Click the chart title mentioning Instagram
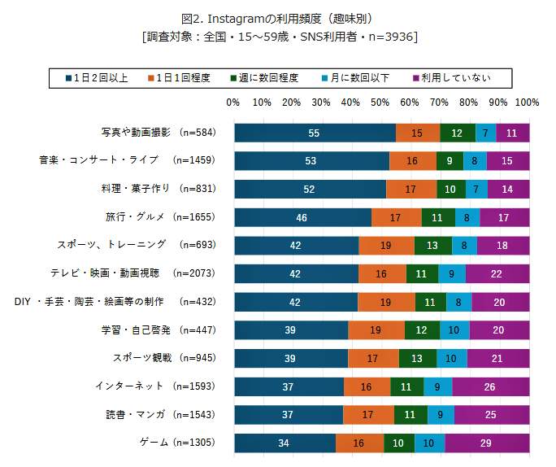pyautogui.click(x=278, y=18)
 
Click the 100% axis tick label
pyautogui.click(x=527, y=103)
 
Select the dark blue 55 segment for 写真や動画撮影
pyautogui.click(x=315, y=133)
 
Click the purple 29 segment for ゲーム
pyautogui.click(x=486, y=443)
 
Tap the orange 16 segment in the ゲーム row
pyautogui.click(x=359, y=443)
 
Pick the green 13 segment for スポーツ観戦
pyautogui.click(x=417, y=359)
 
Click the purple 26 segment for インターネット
pyautogui.click(x=490, y=386)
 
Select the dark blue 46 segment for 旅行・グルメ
pyautogui.click(x=302, y=218)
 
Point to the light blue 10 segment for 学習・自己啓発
pyautogui.click(x=454, y=330)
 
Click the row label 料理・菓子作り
pyautogui.click(x=137, y=189)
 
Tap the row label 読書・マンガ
pyautogui.click(x=136, y=415)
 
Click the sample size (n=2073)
pyautogui.click(x=194, y=273)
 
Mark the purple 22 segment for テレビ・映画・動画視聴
pyautogui.click(x=497, y=274)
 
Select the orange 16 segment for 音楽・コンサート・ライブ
pyautogui.click(x=412, y=161)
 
